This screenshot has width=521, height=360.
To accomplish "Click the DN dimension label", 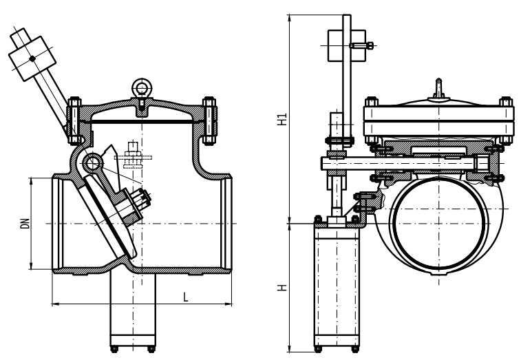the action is click(25, 223).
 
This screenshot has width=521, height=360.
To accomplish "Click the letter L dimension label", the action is click(186, 297).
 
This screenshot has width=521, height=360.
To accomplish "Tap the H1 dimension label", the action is click(282, 119).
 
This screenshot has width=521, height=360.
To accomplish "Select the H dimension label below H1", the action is click(282, 288).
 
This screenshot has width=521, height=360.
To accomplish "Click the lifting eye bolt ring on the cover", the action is click(142, 88).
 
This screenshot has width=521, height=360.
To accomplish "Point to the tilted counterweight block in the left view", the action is click(32, 59).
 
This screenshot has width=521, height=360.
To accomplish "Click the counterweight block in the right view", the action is click(347, 45).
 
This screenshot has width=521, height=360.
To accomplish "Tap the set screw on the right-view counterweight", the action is click(361, 45).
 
